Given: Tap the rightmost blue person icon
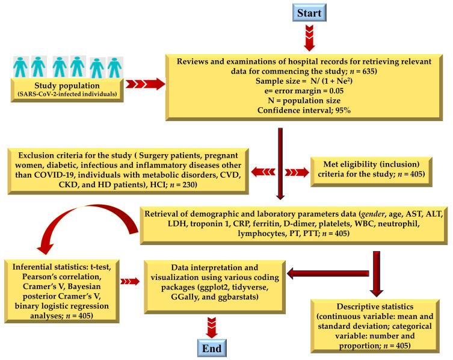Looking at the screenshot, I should click(114, 67).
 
